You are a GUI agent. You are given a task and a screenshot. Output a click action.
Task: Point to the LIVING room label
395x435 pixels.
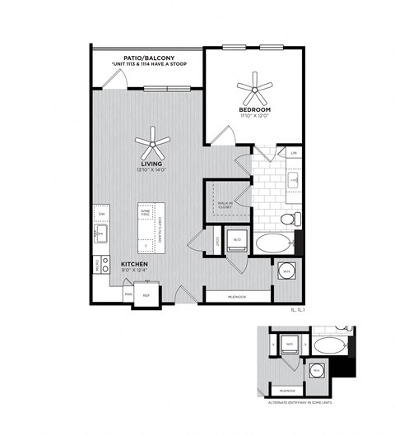click(153, 164)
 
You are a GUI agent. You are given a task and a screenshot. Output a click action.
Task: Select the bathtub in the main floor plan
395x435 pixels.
click(272, 243)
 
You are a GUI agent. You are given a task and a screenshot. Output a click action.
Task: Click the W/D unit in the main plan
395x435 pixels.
click(236, 239)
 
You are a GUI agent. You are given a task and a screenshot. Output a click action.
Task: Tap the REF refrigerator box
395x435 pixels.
click(147, 294)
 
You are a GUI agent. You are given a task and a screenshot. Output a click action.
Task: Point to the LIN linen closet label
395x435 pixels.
click(293, 153)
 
